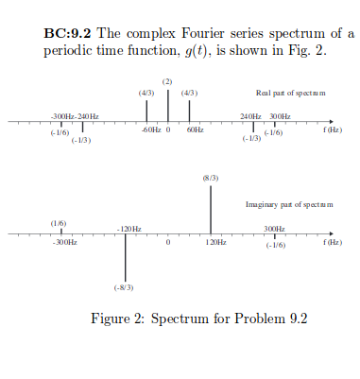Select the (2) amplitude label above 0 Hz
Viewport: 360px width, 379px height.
[167, 83]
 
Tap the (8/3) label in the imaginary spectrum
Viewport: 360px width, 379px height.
[210, 178]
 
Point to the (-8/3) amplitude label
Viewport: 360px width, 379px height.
[125, 286]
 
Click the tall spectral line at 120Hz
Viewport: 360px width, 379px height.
[210, 209]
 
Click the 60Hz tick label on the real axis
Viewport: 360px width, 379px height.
[195, 129]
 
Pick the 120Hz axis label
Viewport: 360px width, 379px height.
[215, 243]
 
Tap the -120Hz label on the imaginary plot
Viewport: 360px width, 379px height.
[129, 229]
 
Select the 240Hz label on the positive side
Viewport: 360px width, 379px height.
[250, 115]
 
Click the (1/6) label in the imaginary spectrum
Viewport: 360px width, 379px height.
[59, 222]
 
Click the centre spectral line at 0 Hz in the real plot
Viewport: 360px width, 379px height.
[168, 106]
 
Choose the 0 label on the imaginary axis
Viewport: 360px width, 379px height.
[167, 243]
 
